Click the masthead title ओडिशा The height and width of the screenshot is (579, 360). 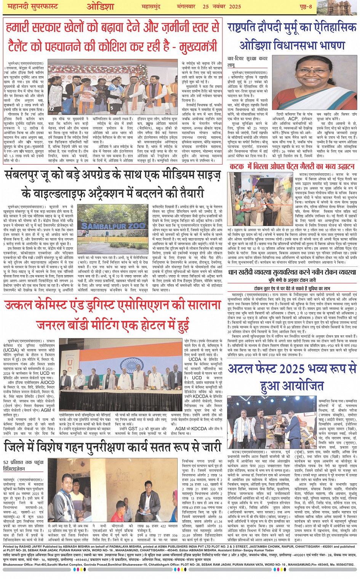point(100,7)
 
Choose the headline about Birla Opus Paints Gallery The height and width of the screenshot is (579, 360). point(292,166)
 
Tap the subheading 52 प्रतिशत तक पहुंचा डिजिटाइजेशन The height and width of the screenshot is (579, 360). point(22,465)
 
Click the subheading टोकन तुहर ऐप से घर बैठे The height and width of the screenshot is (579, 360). point(292,289)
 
